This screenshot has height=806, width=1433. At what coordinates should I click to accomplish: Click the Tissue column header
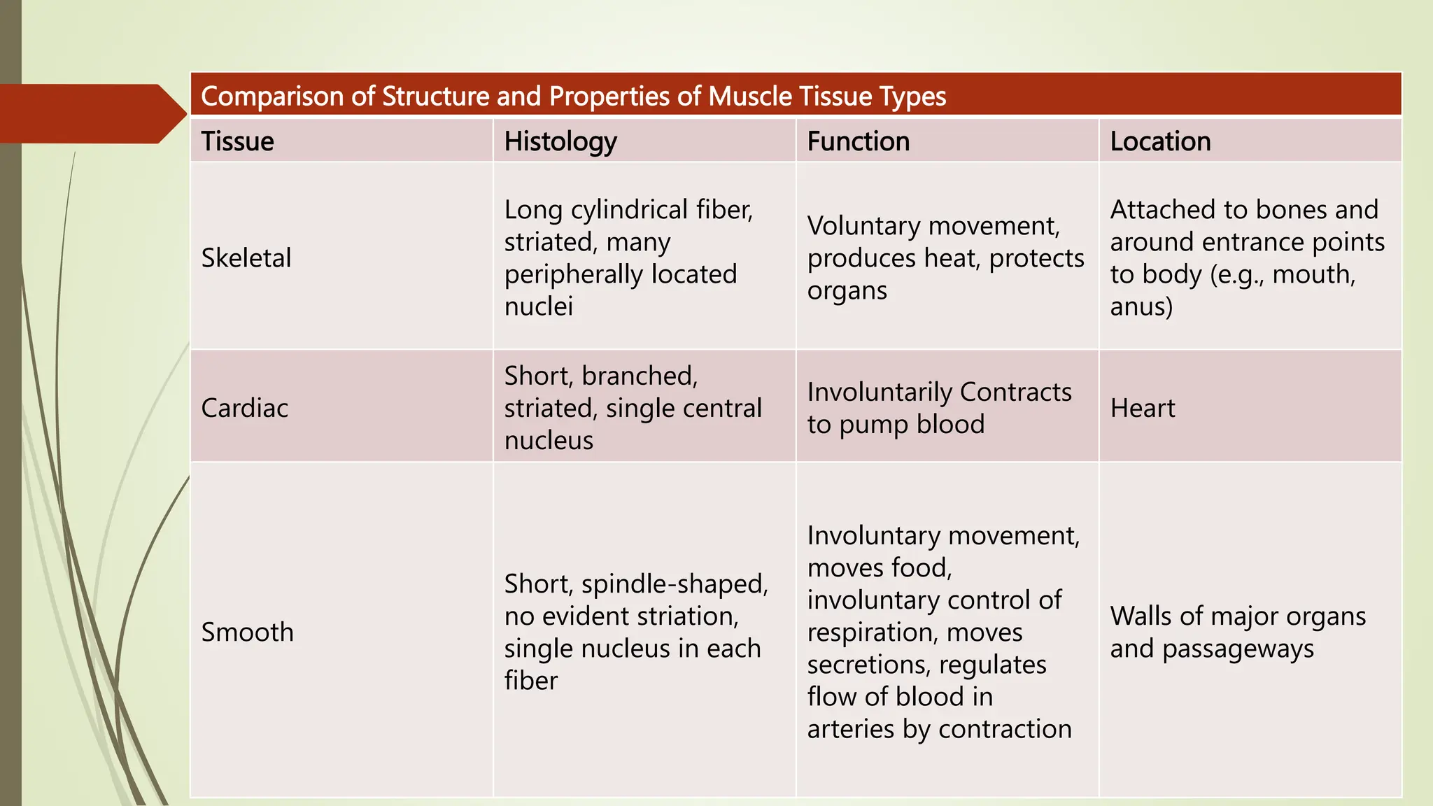(237, 141)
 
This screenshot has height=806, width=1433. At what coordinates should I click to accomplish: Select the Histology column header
(560, 141)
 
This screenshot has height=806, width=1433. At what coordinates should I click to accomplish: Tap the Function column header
(858, 141)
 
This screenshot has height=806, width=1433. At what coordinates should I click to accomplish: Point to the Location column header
(1160, 141)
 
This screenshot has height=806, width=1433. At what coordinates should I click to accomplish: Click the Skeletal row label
(246, 258)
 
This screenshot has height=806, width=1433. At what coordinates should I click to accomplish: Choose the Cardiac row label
(244, 408)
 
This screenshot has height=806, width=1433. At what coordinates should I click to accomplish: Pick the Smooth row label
(247, 632)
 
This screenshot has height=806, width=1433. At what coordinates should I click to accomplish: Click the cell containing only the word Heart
(1143, 408)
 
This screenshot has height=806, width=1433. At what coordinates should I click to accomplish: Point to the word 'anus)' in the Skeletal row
(1141, 306)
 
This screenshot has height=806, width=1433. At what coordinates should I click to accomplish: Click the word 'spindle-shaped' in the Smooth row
(675, 584)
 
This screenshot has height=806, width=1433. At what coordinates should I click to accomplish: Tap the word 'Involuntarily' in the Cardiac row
(880, 393)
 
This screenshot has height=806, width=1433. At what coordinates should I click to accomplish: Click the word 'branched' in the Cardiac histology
(639, 376)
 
